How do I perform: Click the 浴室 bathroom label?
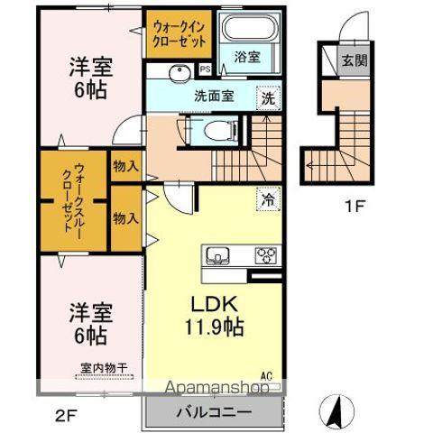[x=247, y=57]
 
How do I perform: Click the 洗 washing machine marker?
[x=268, y=97]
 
